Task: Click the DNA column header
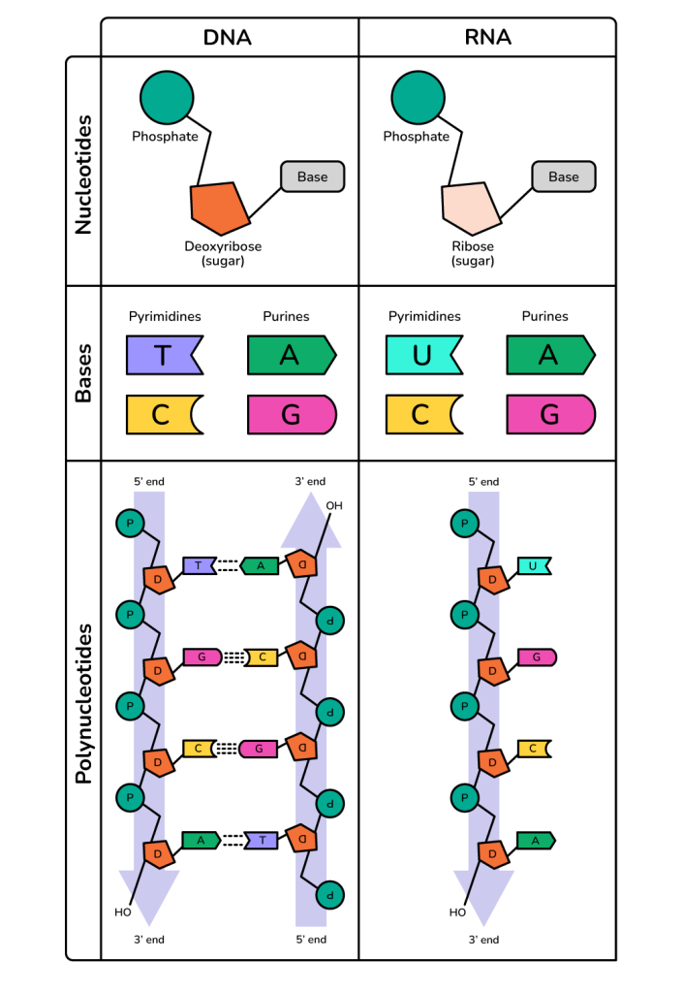pyautogui.click(x=228, y=38)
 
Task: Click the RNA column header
pyautogui.click(x=487, y=38)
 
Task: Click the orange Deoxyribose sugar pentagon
pyautogui.click(x=219, y=206)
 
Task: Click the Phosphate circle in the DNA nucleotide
pyautogui.click(x=168, y=95)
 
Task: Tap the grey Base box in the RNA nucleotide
pyautogui.click(x=563, y=176)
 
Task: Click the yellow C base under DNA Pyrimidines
pyautogui.click(x=162, y=414)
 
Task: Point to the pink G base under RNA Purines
pyautogui.click(x=549, y=414)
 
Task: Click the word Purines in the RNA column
pyautogui.click(x=544, y=316)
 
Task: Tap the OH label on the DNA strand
pyautogui.click(x=334, y=505)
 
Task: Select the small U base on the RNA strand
pyautogui.click(x=533, y=565)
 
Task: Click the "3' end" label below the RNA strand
pyautogui.click(x=483, y=940)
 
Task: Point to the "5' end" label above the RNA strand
pyautogui.click(x=483, y=482)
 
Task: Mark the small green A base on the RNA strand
pyautogui.click(x=534, y=840)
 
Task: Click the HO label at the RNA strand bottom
pyautogui.click(x=458, y=912)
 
